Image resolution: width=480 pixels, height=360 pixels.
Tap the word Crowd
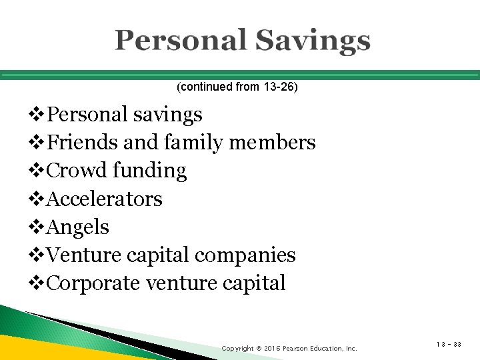point(78,171)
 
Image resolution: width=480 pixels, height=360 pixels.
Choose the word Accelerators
point(105,199)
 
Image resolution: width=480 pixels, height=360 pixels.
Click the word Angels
point(79,227)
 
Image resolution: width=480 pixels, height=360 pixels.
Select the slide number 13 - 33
point(448,345)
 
